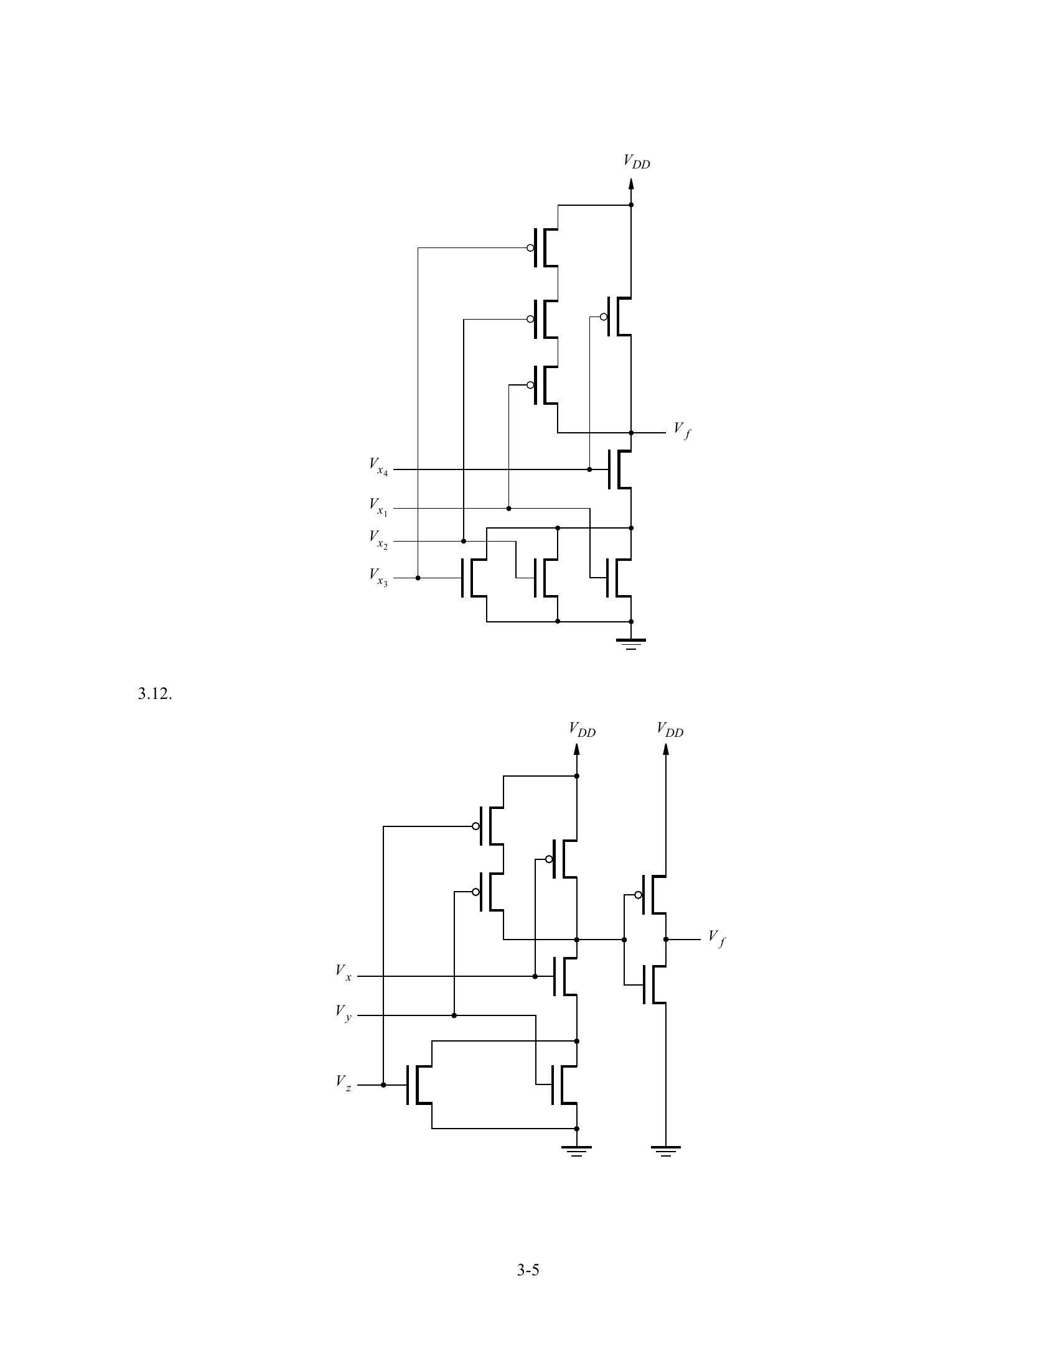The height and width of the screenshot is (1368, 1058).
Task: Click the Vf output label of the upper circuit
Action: tap(682, 430)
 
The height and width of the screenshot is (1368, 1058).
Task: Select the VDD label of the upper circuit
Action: tap(636, 162)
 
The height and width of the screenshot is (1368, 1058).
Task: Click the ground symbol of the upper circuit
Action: tap(631, 644)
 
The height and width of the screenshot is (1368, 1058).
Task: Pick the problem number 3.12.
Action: tap(155, 694)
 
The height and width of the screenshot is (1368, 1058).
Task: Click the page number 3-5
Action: tap(528, 1270)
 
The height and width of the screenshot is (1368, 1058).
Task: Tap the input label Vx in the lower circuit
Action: tap(344, 973)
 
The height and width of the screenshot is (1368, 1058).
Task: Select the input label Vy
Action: tap(344, 1012)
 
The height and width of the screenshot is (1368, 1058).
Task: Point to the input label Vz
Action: tap(344, 1082)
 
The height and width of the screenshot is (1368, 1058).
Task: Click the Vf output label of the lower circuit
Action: tap(717, 938)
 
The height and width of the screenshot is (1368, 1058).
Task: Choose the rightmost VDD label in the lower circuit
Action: tap(670, 730)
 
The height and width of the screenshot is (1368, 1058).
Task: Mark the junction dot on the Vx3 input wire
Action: tap(418, 578)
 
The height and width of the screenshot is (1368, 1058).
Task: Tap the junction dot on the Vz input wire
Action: tap(383, 1084)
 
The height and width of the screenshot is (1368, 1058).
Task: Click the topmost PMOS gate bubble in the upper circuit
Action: tap(530, 248)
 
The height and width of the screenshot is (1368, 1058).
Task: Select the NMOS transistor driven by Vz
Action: tap(419, 1084)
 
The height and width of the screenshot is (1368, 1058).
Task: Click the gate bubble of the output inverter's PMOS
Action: tap(638, 894)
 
